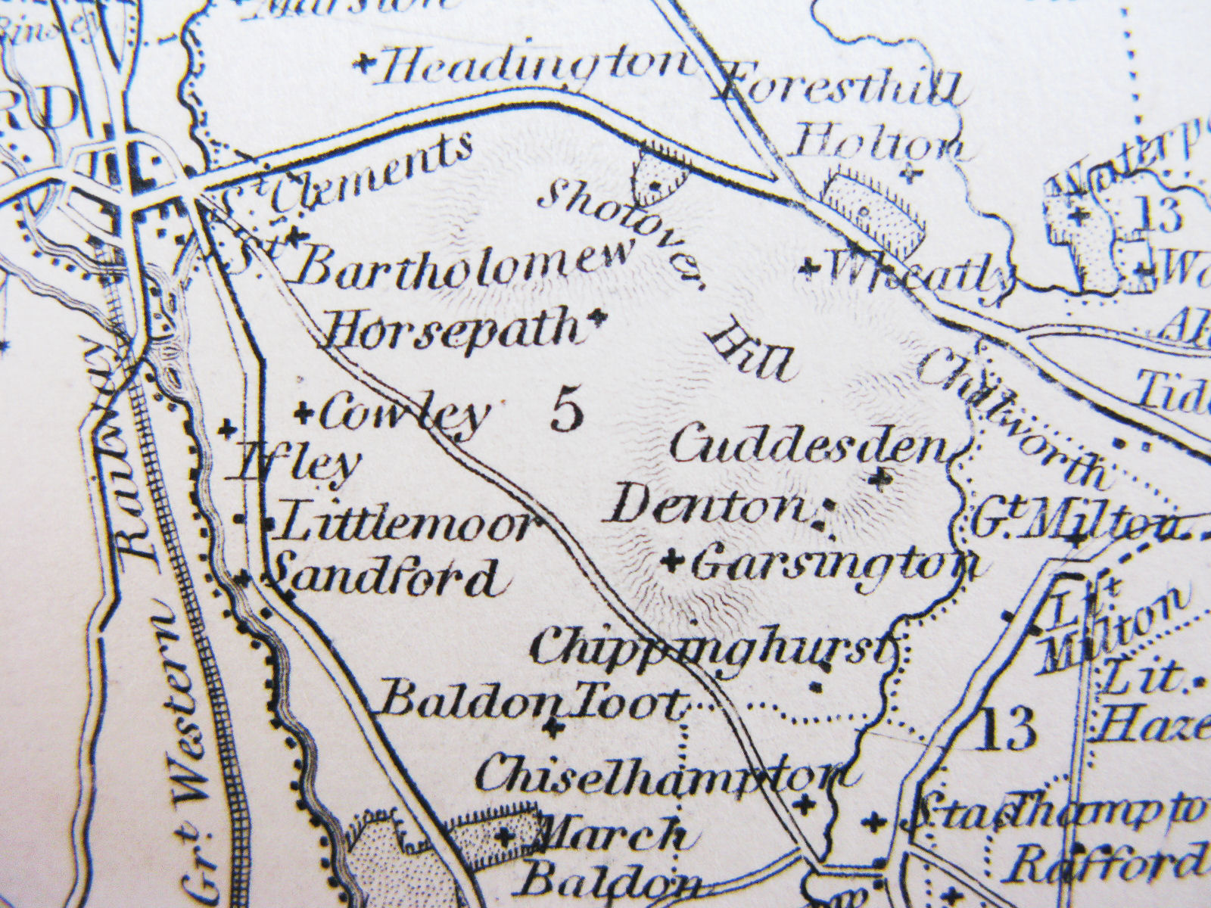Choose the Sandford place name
coord(386,579)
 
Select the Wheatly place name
coord(920,272)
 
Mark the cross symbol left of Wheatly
coord(811,266)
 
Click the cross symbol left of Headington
coord(365,64)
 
